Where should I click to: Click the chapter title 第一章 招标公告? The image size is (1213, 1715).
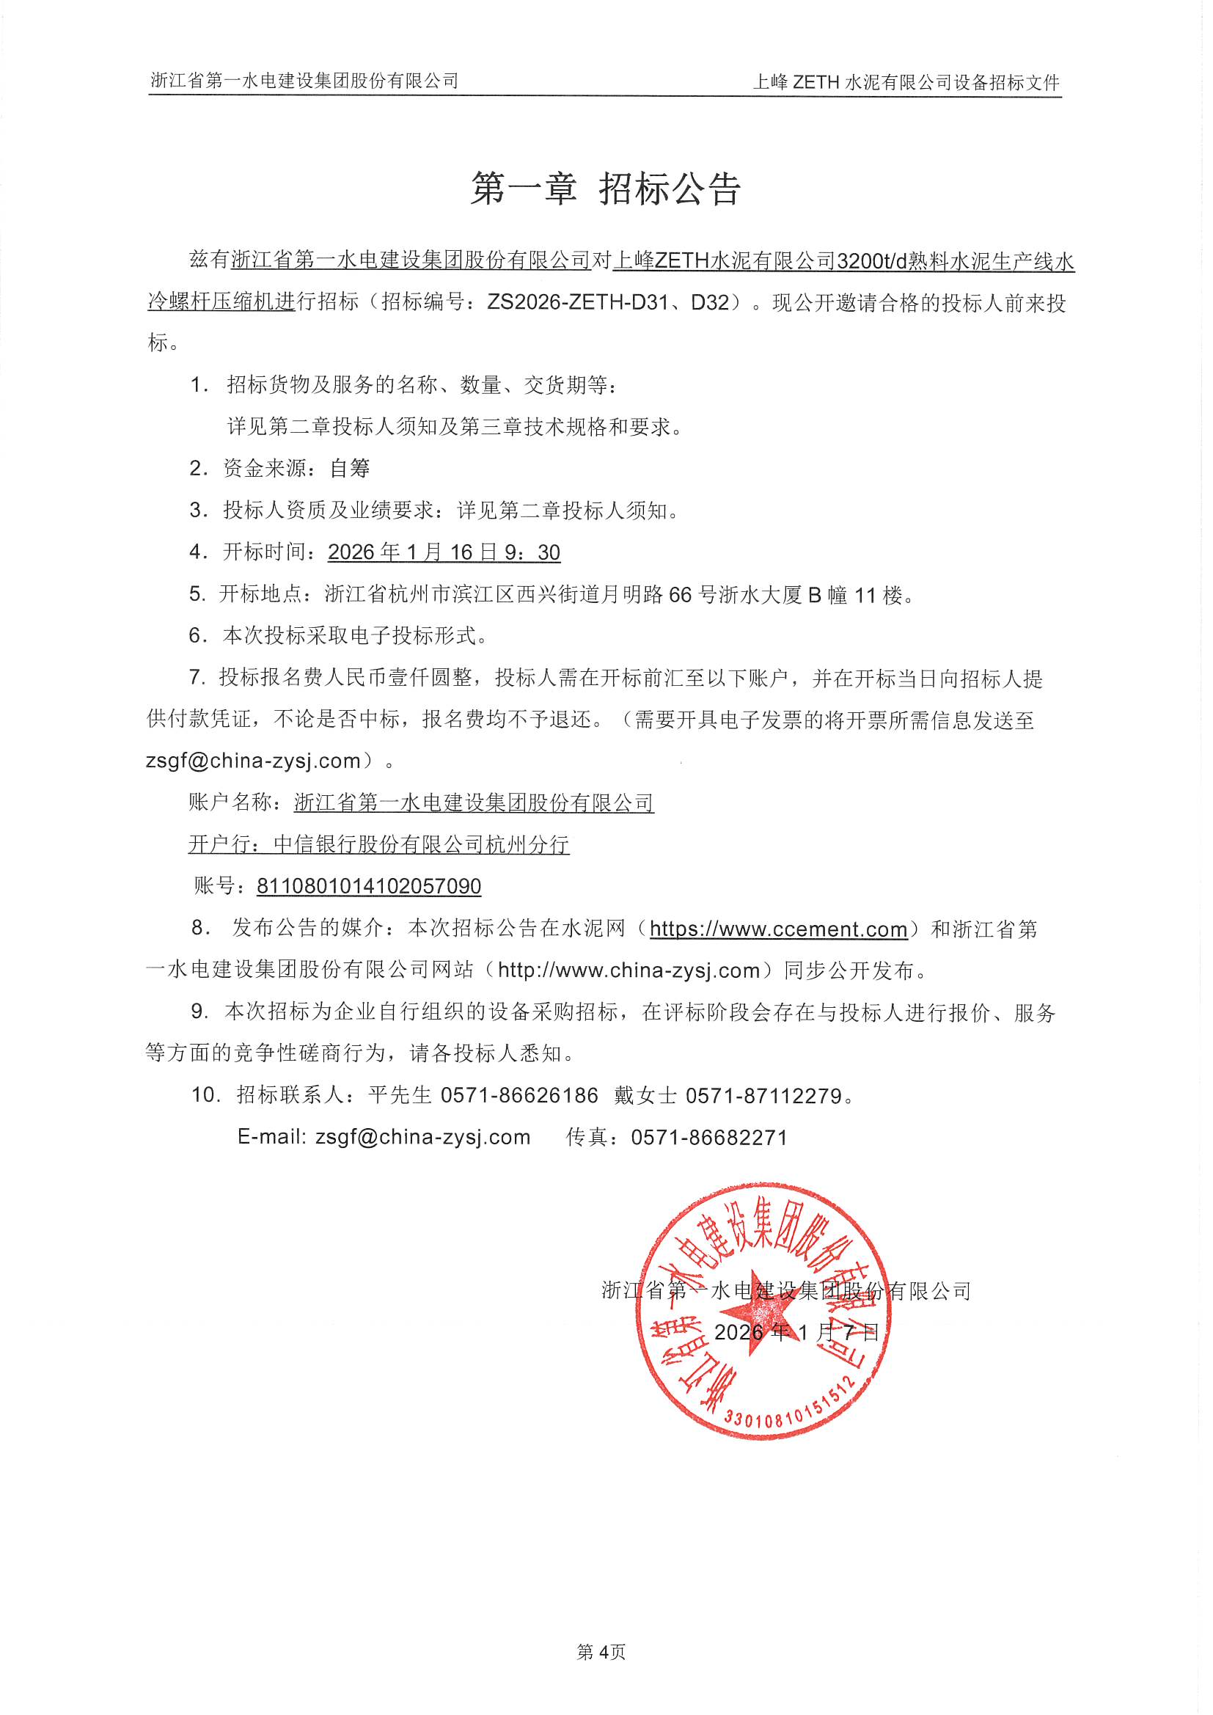pyautogui.click(x=605, y=189)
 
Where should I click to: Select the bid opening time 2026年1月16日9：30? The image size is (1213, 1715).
pyautogui.click(x=444, y=552)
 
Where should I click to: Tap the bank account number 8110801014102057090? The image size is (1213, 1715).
pyautogui.click(x=368, y=886)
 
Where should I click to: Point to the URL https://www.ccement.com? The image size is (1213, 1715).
pyautogui.click(x=778, y=929)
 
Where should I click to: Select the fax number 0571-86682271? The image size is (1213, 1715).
pyautogui.click(x=709, y=1137)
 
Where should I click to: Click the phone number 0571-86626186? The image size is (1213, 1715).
pyautogui.click(x=519, y=1096)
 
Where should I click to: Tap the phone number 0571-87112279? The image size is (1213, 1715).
pyautogui.click(x=764, y=1096)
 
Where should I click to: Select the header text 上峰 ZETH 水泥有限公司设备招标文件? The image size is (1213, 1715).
pyautogui.click(x=906, y=82)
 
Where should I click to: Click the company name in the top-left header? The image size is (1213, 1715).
pyautogui.click(x=305, y=81)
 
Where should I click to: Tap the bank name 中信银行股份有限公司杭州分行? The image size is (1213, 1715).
pyautogui.click(x=421, y=844)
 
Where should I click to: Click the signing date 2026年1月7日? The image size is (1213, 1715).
pyautogui.click(x=796, y=1332)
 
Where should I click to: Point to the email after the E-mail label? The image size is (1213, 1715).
pyautogui.click(x=422, y=1137)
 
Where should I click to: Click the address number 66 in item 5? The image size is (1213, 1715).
pyautogui.click(x=680, y=595)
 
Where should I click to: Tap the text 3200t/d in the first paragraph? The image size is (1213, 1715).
pyautogui.click(x=872, y=260)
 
